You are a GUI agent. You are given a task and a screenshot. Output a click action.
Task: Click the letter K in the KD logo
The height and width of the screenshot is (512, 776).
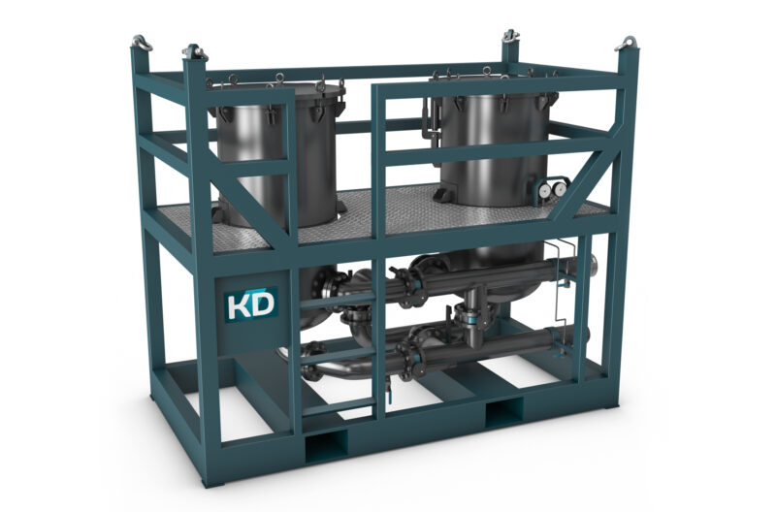tap(238, 305)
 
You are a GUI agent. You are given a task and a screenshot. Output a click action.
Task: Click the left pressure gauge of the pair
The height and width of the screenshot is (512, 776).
tap(544, 188)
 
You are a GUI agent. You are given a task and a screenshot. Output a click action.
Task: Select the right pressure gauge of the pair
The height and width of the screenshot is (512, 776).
tap(560, 188)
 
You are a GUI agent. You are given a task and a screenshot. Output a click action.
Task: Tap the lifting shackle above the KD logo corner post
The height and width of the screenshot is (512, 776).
tap(195, 52)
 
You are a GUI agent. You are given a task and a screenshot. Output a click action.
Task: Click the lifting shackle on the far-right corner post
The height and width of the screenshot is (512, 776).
tap(627, 44)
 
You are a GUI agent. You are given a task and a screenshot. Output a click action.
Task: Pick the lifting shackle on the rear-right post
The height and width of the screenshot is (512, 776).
tap(508, 36)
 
